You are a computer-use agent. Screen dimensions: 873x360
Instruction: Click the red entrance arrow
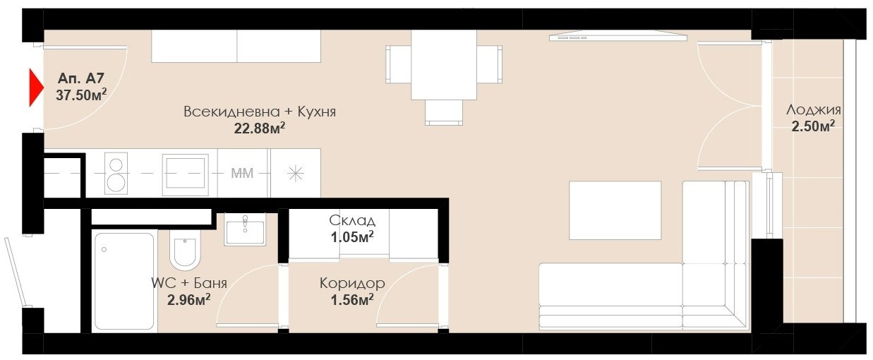pyautogui.click(x=35, y=88)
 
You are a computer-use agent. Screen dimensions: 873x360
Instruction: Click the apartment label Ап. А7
pyautogui.click(x=81, y=78)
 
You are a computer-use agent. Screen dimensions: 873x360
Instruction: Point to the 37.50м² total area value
pyautogui.click(x=81, y=95)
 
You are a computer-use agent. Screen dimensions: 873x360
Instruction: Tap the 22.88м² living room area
pyautogui.click(x=260, y=128)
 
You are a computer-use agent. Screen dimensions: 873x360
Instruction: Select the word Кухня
pyautogui.click(x=316, y=112)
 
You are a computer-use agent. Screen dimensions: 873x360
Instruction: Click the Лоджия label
pyautogui.click(x=814, y=110)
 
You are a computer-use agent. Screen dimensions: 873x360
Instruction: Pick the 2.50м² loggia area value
pyautogui.click(x=814, y=126)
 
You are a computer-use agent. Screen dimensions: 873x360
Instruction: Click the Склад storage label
pyautogui.click(x=352, y=220)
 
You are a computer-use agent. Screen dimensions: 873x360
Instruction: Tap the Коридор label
pyautogui.click(x=352, y=283)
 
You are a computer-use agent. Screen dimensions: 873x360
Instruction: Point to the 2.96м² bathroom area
pyautogui.click(x=189, y=299)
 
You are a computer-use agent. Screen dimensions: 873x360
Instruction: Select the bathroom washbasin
pyautogui.click(x=245, y=230)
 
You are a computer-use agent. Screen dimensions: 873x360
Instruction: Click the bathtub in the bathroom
pyautogui.click(x=124, y=282)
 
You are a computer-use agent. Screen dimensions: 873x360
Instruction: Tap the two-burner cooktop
pyautogui.click(x=116, y=174)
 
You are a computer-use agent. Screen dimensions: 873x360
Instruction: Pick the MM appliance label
pyautogui.click(x=242, y=173)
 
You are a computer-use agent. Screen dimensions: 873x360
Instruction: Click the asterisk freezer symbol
pyautogui.click(x=296, y=174)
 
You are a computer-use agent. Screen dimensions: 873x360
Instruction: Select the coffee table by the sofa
pyautogui.click(x=615, y=210)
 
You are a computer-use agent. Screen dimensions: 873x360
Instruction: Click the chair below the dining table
pyautogui.click(x=444, y=113)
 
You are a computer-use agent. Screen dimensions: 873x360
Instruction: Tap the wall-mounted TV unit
pyautogui.click(x=618, y=36)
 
